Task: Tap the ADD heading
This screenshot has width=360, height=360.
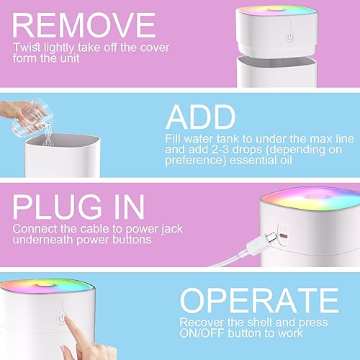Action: [201, 117]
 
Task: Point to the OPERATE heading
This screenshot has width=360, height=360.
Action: [250, 300]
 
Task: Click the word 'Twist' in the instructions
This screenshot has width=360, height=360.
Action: [25, 48]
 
